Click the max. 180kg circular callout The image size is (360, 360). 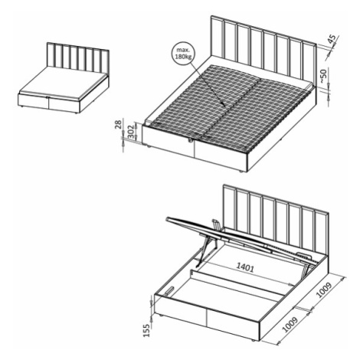coord(183,54)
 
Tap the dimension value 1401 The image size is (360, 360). coord(245,268)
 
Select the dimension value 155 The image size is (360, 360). coord(146,330)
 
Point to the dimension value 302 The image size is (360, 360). coord(132,132)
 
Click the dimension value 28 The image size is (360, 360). coord(118,125)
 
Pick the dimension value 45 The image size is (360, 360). coord(332,39)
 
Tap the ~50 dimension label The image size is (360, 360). coord(323,76)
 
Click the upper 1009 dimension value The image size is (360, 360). coord(324,290)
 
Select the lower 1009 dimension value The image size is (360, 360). coord(290,325)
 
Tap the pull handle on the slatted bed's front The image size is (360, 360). coord(190,140)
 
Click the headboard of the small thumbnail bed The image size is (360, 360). coord(78,57)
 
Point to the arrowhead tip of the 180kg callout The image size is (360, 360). coord(224,106)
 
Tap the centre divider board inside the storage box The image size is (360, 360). coord(237,283)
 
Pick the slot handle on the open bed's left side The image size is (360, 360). coord(169,290)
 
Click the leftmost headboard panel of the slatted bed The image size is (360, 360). coord(218,36)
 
